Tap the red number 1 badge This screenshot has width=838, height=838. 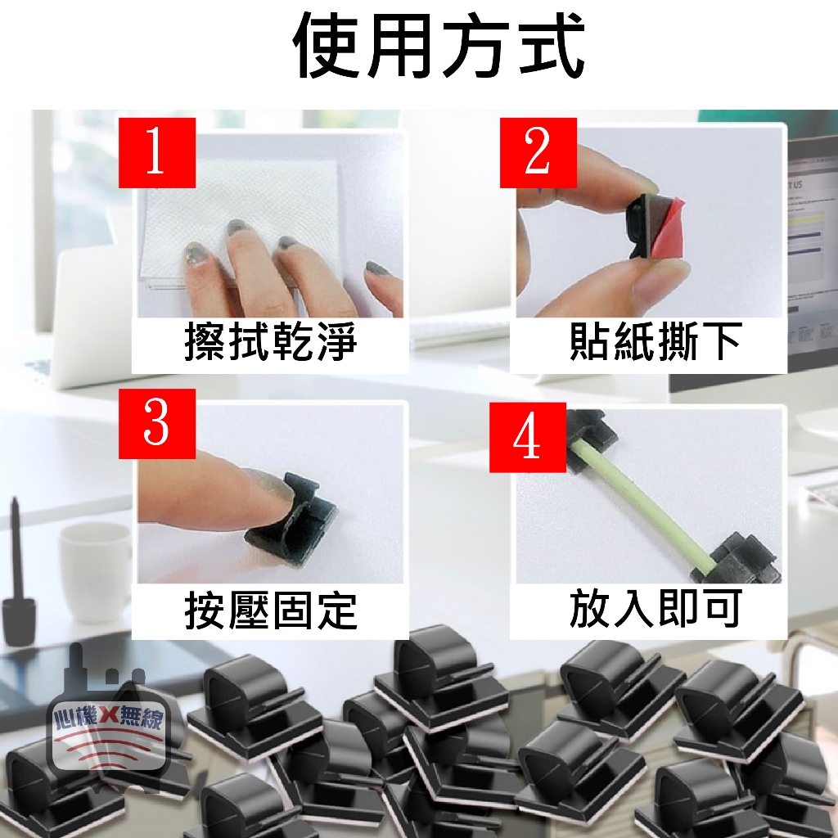pos(156,152)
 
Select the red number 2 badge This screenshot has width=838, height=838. pos(538,152)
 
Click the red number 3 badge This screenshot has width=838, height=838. pos(156,423)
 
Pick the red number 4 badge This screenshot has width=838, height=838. pos(528,437)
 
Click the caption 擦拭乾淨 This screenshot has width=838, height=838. pos(270,341)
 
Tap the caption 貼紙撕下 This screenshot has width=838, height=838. pos(656,341)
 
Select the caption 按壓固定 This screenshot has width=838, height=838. pos(270,610)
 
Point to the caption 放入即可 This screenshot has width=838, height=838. pos(656,609)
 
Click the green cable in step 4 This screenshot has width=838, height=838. pos(644,511)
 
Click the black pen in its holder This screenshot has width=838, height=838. pos(17,577)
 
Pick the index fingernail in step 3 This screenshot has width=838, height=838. pos(273,486)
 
